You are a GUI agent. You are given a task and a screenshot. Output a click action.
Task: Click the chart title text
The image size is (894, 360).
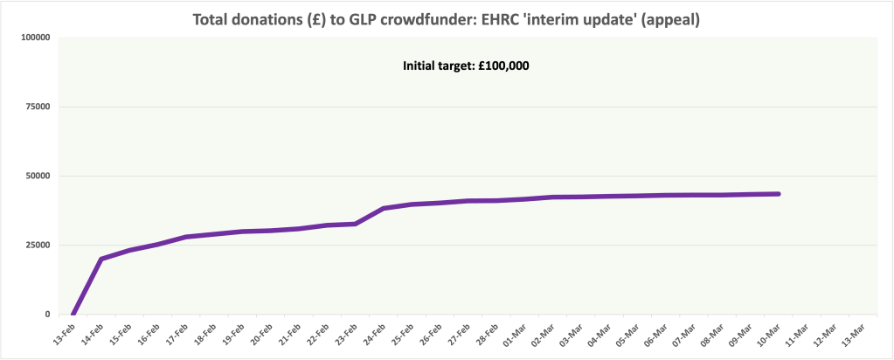point(447,20)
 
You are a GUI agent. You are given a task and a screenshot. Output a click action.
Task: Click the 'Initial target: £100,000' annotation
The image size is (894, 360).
point(466,66)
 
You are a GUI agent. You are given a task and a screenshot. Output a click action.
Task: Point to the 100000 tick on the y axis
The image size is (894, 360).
point(31,38)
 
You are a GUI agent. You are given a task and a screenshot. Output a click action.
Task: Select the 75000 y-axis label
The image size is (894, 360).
point(34,107)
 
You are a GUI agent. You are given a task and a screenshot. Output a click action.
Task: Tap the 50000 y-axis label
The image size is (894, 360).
point(34,176)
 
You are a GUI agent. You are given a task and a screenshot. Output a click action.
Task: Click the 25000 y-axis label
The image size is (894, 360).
point(34,245)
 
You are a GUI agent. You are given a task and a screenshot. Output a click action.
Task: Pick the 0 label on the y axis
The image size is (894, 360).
point(45,314)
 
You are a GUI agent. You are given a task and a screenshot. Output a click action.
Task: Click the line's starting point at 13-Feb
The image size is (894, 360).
point(73,314)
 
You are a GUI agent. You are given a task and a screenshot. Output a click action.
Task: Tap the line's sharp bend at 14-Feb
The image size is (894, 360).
point(101,259)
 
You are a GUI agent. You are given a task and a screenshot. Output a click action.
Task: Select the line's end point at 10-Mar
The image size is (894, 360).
point(778,194)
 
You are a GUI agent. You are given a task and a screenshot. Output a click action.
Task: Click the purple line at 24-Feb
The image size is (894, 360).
point(384,209)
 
